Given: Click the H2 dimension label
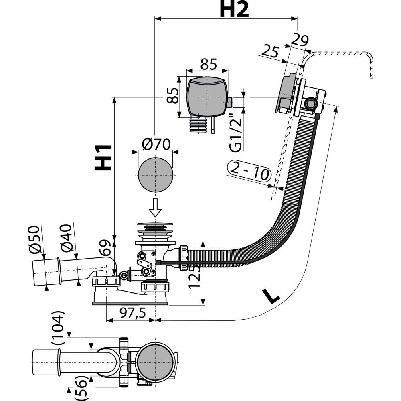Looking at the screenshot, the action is tap(234, 10).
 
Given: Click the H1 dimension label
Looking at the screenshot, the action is tap(103, 157).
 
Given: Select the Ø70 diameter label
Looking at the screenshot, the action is tap(156, 144).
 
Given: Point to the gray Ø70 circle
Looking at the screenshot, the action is tap(156, 175).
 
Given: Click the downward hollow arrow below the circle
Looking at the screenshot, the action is tap(155, 207).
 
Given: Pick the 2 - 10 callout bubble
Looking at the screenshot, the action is tap(249, 170).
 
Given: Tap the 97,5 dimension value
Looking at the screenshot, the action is tap(132, 312).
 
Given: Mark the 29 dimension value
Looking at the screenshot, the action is tap(300, 40).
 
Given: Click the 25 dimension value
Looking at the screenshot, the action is tap(270, 51).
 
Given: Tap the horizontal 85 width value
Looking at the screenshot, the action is tap(209, 64).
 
